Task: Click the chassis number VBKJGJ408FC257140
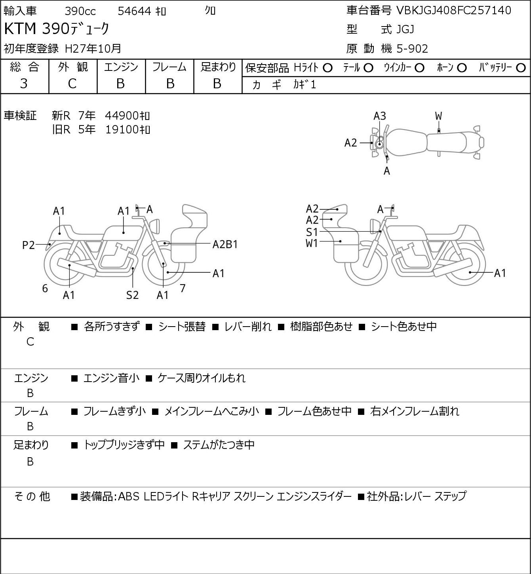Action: pyautogui.click(x=453, y=11)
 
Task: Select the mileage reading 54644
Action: pyautogui.click(x=135, y=11)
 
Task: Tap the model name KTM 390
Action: pyautogui.click(x=37, y=29)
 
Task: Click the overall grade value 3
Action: pyautogui.click(x=24, y=84)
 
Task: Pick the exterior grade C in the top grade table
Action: pyautogui.click(x=72, y=84)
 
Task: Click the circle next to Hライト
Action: pyautogui.click(x=327, y=68)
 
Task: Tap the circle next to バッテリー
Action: pyautogui.click(x=521, y=68)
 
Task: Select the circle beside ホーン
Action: pyautogui.click(x=462, y=68)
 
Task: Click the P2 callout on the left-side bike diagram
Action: pyautogui.click(x=29, y=245)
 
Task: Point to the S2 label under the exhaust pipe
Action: pyautogui.click(x=133, y=295)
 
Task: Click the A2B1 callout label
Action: pyautogui.click(x=225, y=245)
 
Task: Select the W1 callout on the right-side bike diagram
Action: pyautogui.click(x=312, y=243)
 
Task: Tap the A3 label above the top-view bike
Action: pyautogui.click(x=380, y=116)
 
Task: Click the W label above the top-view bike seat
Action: pyautogui.click(x=438, y=116)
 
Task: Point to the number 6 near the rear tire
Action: pyautogui.click(x=45, y=289)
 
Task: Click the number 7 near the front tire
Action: pyautogui.click(x=183, y=288)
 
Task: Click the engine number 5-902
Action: pyautogui.click(x=412, y=49)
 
